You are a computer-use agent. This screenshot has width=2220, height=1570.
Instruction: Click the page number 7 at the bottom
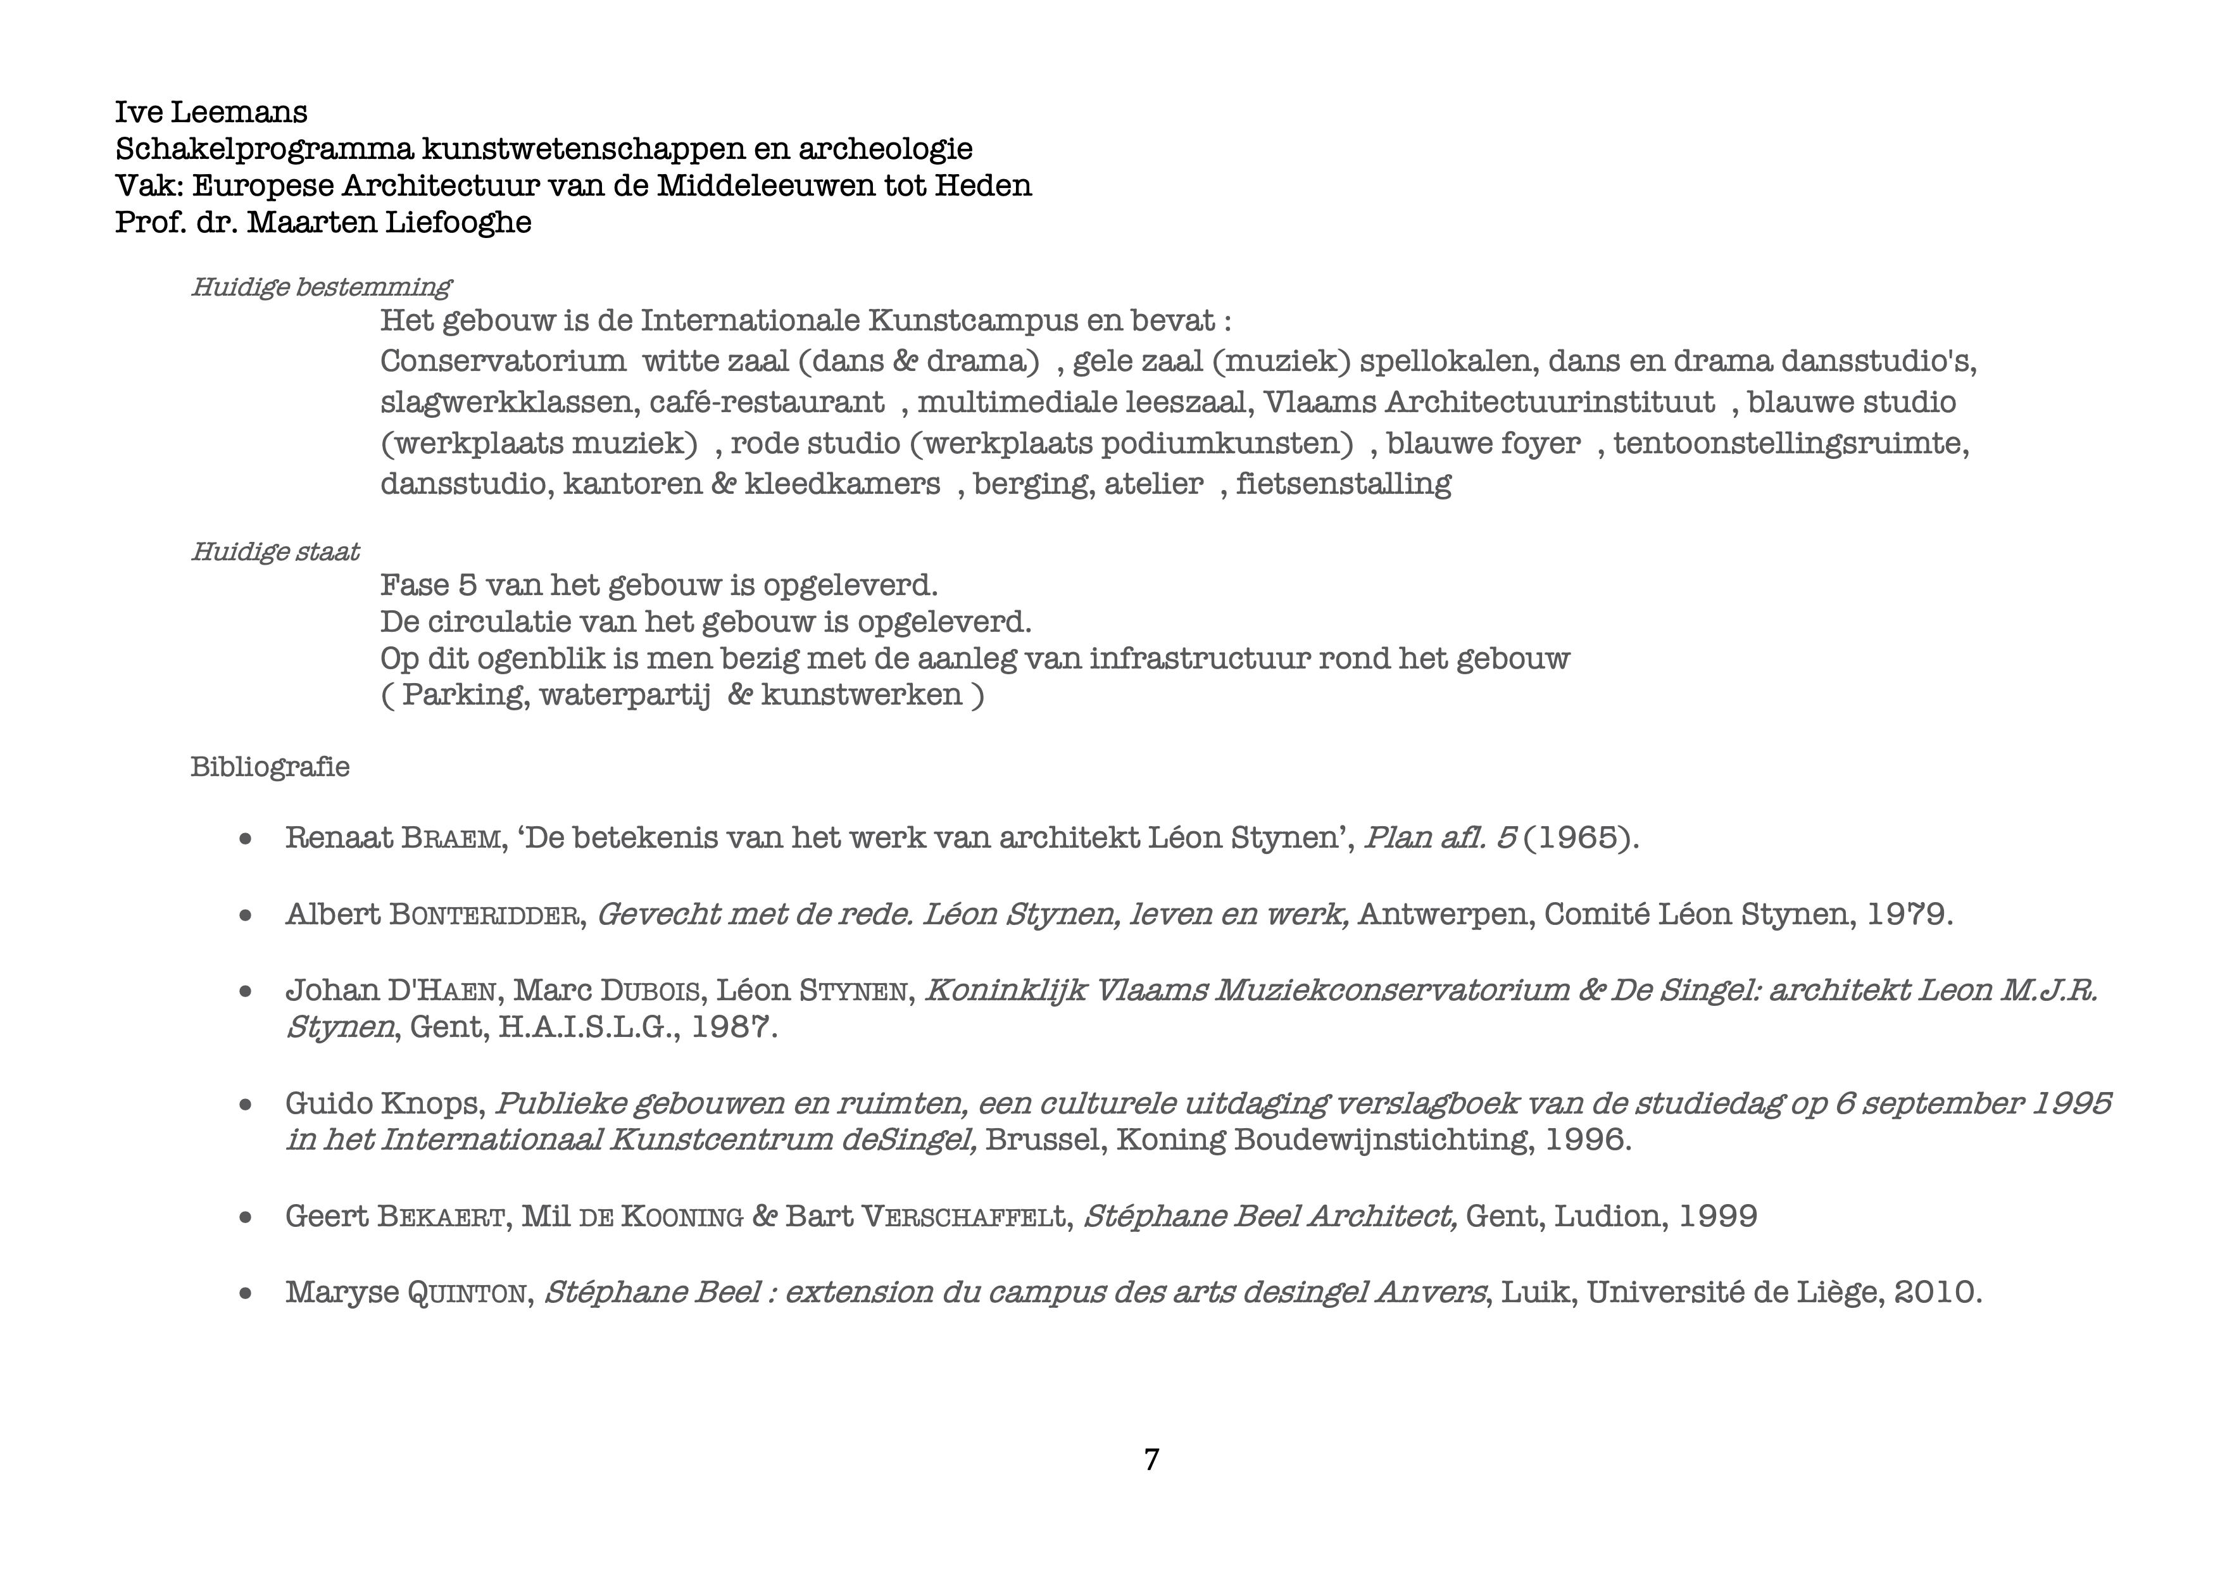point(1151,1459)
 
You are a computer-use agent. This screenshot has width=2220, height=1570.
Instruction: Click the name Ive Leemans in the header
point(211,112)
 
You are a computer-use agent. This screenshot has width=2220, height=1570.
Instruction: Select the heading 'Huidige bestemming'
point(320,287)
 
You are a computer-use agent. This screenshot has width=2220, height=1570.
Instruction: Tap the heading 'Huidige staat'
point(275,552)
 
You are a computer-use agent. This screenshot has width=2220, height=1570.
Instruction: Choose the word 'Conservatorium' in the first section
point(503,361)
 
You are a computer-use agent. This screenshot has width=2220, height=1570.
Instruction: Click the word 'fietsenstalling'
point(1343,484)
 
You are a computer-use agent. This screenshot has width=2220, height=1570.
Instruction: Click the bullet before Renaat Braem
point(246,839)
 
